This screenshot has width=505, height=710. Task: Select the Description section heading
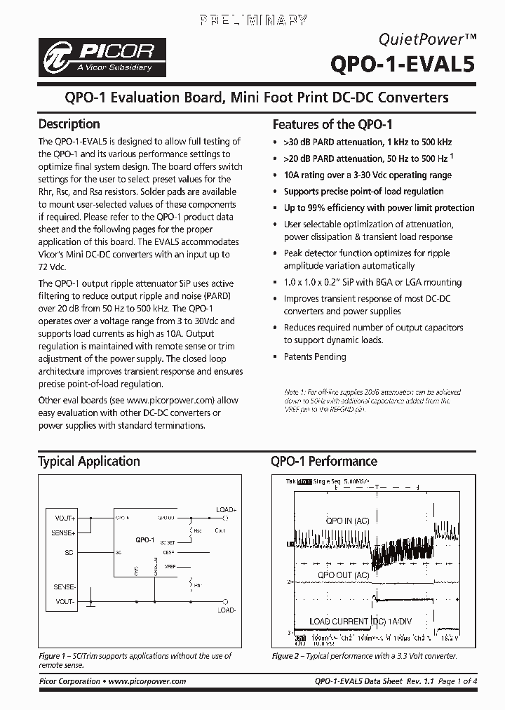pyautogui.click(x=69, y=124)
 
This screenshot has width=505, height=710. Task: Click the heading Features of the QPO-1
pyautogui.click(x=332, y=125)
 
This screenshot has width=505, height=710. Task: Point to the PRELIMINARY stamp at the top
pyautogui.click(x=252, y=20)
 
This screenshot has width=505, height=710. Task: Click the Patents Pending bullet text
pyautogui.click(x=314, y=356)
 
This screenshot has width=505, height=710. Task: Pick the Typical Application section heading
pyautogui.click(x=88, y=461)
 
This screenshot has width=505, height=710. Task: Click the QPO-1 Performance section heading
pyautogui.click(x=324, y=461)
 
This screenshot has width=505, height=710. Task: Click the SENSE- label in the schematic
pyautogui.click(x=65, y=586)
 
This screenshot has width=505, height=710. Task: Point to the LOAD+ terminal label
pyautogui.click(x=227, y=509)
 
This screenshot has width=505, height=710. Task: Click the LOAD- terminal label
pyautogui.click(x=226, y=610)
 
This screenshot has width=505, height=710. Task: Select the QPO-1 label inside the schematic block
pyautogui.click(x=145, y=539)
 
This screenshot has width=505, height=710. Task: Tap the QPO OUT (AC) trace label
pyautogui.click(x=343, y=575)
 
